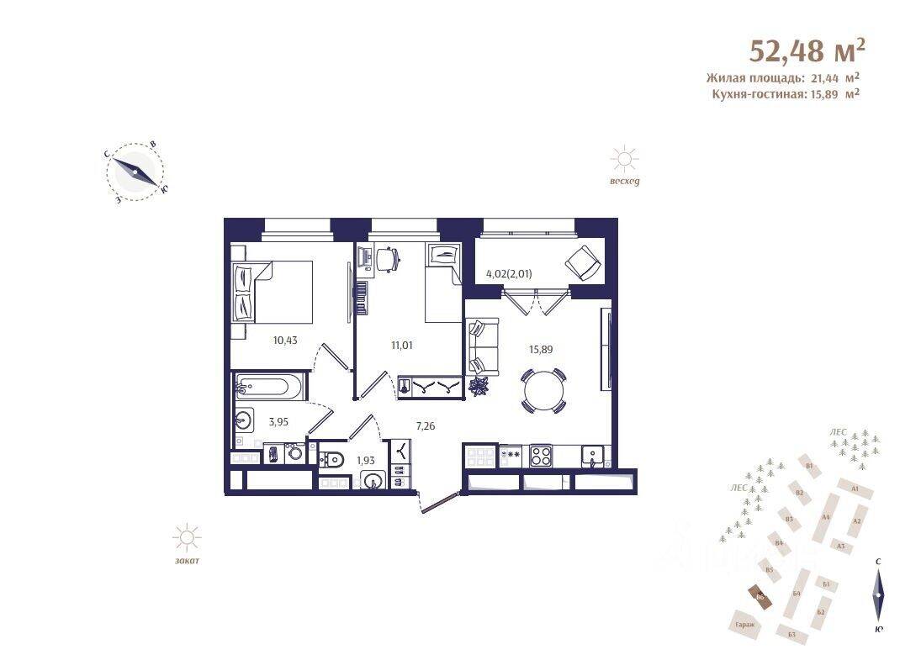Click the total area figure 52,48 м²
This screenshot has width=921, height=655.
coord(807,50)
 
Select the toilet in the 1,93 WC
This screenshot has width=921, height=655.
coord(332,458)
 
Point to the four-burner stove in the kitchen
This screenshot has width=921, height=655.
coord(540,457)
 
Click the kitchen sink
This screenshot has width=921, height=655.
coord(594,456)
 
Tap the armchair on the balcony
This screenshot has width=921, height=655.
coord(583,262)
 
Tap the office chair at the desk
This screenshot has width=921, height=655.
coord(385,259)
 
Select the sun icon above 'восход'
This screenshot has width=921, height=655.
coord(624,159)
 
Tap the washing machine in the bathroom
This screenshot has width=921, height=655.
coord(296,454)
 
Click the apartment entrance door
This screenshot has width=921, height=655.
coord(438,501)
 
